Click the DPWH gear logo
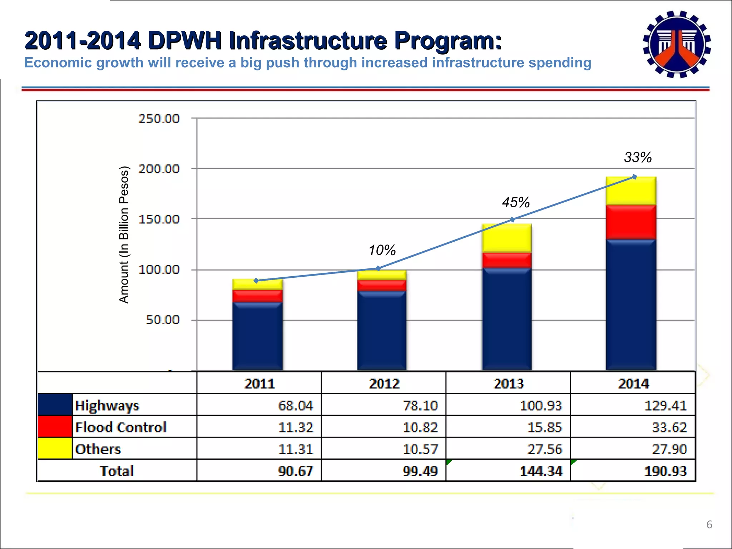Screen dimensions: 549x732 pos(677,44)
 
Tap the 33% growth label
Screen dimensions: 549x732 pos(638,157)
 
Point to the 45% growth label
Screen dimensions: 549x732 pos(515,203)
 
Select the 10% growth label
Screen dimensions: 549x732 pos(382,250)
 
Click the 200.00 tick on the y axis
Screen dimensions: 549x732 pos(159,169)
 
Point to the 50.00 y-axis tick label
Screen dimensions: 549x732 pos(163,320)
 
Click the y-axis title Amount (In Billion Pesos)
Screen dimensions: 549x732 pos(124,235)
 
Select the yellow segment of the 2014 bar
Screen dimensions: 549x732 pos(631,191)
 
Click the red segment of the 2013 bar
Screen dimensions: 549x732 pos(506,260)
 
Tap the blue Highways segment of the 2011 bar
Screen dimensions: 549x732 pos(257,336)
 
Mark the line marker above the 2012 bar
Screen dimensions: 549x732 pos(378,268)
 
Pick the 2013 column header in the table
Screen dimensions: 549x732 pos(508,384)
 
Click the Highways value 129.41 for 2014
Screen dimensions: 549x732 pos(665,406)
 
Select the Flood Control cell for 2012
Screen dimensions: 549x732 pos(420,427)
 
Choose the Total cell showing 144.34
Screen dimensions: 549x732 pos(540,471)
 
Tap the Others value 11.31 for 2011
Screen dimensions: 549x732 pos(295,449)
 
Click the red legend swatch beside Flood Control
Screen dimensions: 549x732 pos(55,427)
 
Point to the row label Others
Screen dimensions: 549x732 pos(98,449)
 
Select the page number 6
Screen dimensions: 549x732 pos(709,525)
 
